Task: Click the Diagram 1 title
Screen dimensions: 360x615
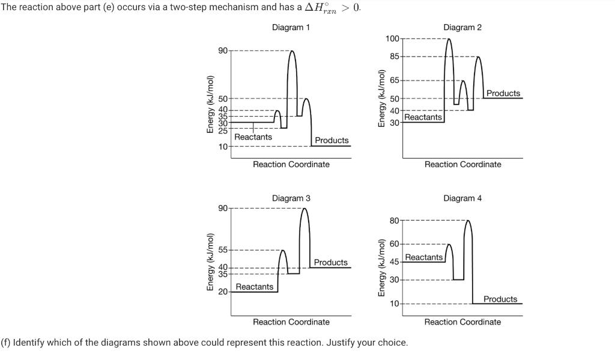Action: (291, 28)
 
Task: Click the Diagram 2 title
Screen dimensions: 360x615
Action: (462, 28)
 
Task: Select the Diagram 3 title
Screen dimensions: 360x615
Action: (291, 198)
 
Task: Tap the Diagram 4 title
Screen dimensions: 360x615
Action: (462, 198)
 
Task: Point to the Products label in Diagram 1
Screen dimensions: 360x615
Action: (332, 140)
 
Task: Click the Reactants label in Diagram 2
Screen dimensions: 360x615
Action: (423, 117)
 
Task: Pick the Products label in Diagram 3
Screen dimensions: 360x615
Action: (330, 263)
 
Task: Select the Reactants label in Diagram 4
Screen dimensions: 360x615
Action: (424, 257)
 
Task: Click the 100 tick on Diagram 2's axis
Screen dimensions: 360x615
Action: (392, 39)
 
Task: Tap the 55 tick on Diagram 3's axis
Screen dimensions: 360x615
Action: (223, 250)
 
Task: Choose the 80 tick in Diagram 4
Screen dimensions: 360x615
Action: (395, 221)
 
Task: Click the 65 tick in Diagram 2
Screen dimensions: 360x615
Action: (395, 80)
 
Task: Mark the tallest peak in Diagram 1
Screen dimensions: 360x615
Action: (292, 52)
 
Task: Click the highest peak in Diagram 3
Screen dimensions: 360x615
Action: (304, 210)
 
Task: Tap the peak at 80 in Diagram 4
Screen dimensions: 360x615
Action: (468, 222)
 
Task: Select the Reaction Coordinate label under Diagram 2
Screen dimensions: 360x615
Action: (462, 164)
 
